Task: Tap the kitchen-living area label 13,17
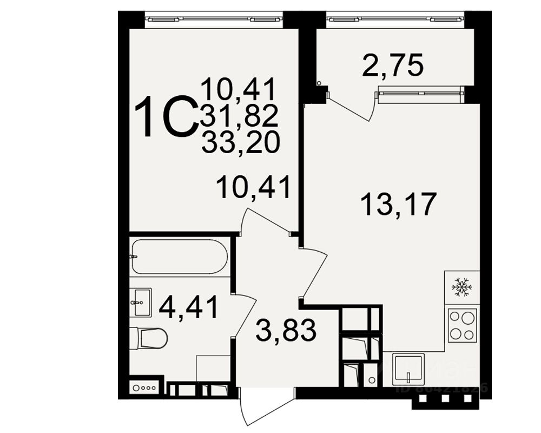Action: click(398, 204)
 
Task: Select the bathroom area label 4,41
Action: click(189, 307)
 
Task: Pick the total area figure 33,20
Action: click(240, 142)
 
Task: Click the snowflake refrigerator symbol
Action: click(461, 286)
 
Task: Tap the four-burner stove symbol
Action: click(461, 324)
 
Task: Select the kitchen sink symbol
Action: click(408, 369)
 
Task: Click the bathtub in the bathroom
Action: click(179, 256)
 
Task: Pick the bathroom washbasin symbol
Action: click(141, 301)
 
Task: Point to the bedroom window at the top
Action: click(214, 19)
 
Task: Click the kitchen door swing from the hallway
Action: click(314, 273)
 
